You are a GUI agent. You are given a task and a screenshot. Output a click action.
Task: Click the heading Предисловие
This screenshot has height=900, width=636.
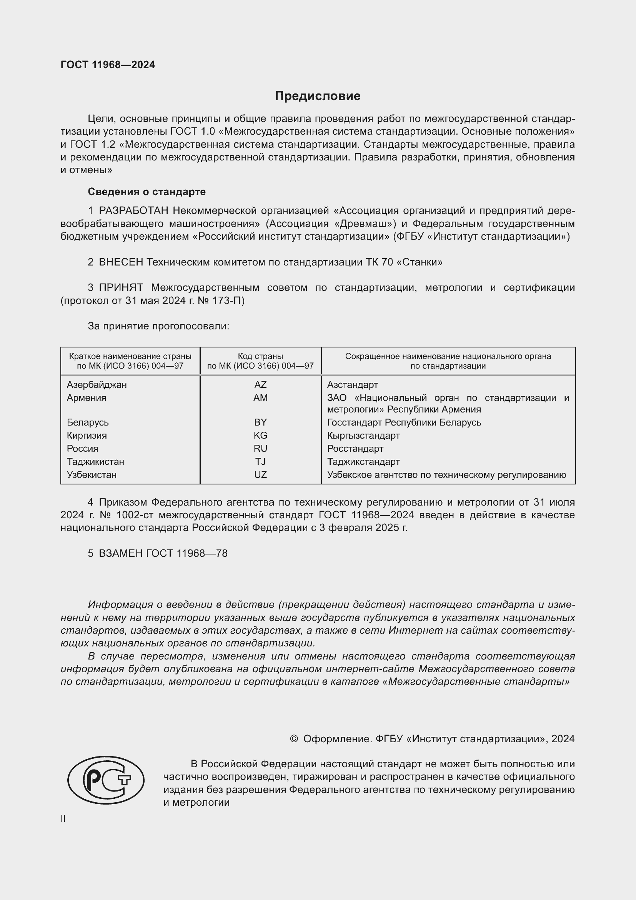(x=317, y=96)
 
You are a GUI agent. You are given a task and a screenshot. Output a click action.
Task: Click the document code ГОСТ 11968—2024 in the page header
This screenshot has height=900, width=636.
(x=108, y=65)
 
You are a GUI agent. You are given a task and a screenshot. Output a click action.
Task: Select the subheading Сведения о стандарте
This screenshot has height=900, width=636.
(x=147, y=192)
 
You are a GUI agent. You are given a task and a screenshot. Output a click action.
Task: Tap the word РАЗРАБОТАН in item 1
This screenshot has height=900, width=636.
(x=133, y=211)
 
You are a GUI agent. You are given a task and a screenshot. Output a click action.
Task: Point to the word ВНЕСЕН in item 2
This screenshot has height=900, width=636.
(x=121, y=262)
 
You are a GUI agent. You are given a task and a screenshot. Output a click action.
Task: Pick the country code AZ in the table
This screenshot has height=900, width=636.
(x=260, y=384)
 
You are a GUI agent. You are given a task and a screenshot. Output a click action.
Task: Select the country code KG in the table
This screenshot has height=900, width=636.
(x=260, y=436)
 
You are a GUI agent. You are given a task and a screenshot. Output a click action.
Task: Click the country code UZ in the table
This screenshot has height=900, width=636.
(x=260, y=475)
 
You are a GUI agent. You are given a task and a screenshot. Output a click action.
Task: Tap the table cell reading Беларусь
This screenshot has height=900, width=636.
(x=88, y=422)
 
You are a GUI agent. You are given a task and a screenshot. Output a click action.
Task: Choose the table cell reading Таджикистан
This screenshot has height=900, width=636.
(x=95, y=462)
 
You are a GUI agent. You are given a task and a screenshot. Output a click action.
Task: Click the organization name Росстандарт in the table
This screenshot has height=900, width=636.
(x=355, y=448)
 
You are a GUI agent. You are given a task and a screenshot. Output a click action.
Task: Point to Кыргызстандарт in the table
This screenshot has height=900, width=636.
(x=363, y=436)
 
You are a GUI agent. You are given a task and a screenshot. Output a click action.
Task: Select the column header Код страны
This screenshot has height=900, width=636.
(x=260, y=356)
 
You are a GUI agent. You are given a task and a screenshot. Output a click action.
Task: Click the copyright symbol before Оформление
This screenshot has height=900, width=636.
(x=294, y=739)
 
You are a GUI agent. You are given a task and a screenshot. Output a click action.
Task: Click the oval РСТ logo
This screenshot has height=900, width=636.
(x=106, y=780)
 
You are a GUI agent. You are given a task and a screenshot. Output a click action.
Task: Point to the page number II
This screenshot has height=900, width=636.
(x=63, y=819)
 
